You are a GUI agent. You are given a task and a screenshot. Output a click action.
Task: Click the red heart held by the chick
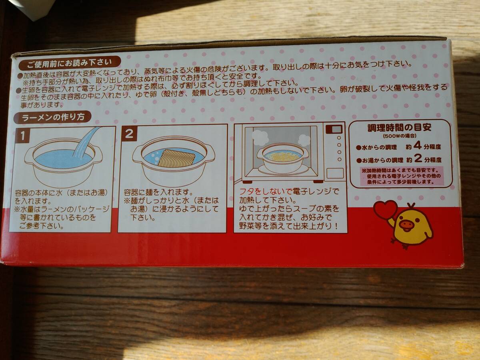385,209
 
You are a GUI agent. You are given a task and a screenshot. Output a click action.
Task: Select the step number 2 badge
129,134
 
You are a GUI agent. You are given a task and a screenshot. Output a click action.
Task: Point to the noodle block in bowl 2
176,158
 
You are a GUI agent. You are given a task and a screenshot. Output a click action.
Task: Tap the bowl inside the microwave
282,157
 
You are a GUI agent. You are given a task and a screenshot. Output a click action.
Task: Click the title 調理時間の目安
400,128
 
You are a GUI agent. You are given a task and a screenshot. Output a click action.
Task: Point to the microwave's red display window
334,130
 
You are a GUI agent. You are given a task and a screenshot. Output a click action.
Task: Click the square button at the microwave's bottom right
334,173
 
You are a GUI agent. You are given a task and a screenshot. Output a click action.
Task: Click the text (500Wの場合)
400,136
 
